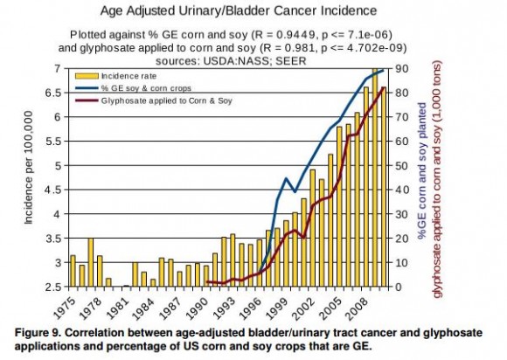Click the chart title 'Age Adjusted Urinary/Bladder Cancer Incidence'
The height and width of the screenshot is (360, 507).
239,10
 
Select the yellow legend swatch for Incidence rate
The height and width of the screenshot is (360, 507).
87,76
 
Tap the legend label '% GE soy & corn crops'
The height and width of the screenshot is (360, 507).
146,88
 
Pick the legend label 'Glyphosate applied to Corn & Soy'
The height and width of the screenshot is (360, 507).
166,100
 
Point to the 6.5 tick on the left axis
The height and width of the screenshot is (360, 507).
53,93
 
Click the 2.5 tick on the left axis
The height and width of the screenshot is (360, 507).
53,287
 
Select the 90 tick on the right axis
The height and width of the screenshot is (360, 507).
401,68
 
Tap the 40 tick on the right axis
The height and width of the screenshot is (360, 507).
401,190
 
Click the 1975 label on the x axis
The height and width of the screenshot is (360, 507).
64,308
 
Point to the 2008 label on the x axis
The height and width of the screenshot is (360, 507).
356,308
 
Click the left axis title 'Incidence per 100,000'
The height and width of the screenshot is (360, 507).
29,168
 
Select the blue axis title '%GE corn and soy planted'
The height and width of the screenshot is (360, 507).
422,171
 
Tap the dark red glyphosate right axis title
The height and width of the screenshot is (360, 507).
437,179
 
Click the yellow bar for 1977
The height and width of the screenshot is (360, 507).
91,262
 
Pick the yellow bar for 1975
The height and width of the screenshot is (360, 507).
73,271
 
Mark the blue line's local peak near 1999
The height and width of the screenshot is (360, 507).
286,177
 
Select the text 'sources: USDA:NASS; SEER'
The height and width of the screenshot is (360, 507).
231,61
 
